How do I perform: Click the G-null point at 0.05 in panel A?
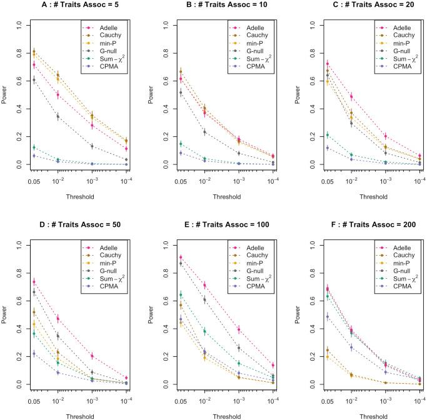coord(34,80)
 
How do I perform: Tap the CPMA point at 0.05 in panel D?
coord(34,354)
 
